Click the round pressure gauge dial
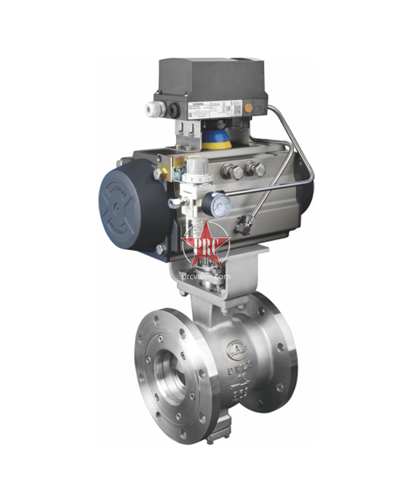(x=220, y=204)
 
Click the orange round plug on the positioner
(x=260, y=107)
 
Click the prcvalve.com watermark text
(x=205, y=276)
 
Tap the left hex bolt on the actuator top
(x=235, y=170)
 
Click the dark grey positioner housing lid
(x=210, y=76)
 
